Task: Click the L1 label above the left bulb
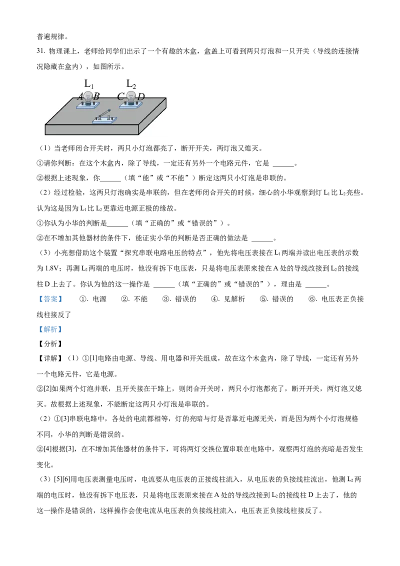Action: coord(89,83)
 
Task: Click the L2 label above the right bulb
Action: coord(131,83)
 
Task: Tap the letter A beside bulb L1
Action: coord(80,96)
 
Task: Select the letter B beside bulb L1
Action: coord(96,96)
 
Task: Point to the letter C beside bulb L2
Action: coord(120,96)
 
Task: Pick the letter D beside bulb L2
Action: coord(141,96)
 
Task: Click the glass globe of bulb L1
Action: coord(88,95)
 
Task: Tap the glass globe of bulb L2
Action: coord(131,95)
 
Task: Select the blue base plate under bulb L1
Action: coord(88,106)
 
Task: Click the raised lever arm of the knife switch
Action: coord(103,114)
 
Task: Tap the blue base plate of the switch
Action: coord(104,120)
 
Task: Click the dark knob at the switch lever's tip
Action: coord(109,111)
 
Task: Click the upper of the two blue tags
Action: coord(50,299)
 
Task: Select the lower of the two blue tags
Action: coord(50,330)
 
